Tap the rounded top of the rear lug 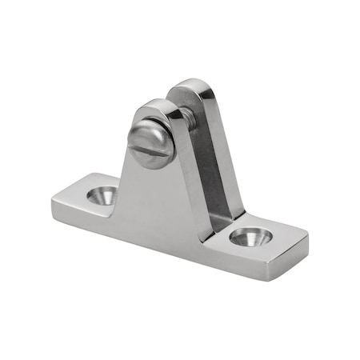(192, 85)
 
